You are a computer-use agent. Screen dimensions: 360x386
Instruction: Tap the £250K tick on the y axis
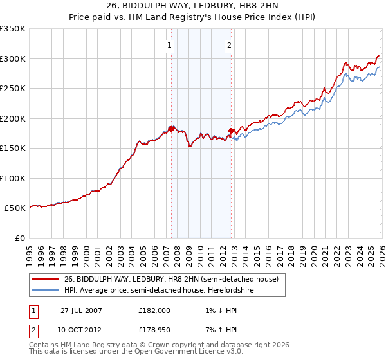13,88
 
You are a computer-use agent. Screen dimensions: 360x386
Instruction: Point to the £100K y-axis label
13,178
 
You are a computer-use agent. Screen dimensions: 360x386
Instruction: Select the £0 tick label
19,238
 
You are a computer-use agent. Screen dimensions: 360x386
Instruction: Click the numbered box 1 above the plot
169,45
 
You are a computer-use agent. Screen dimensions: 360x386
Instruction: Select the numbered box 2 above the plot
229,45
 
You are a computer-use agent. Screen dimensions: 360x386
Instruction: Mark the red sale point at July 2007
171,129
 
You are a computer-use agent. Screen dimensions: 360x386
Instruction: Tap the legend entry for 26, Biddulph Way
170,279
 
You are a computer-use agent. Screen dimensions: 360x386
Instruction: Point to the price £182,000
154,310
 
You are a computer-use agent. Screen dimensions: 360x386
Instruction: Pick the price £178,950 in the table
154,330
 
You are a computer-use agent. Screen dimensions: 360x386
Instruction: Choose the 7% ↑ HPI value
216,330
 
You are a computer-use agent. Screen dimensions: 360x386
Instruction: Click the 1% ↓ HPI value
216,310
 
